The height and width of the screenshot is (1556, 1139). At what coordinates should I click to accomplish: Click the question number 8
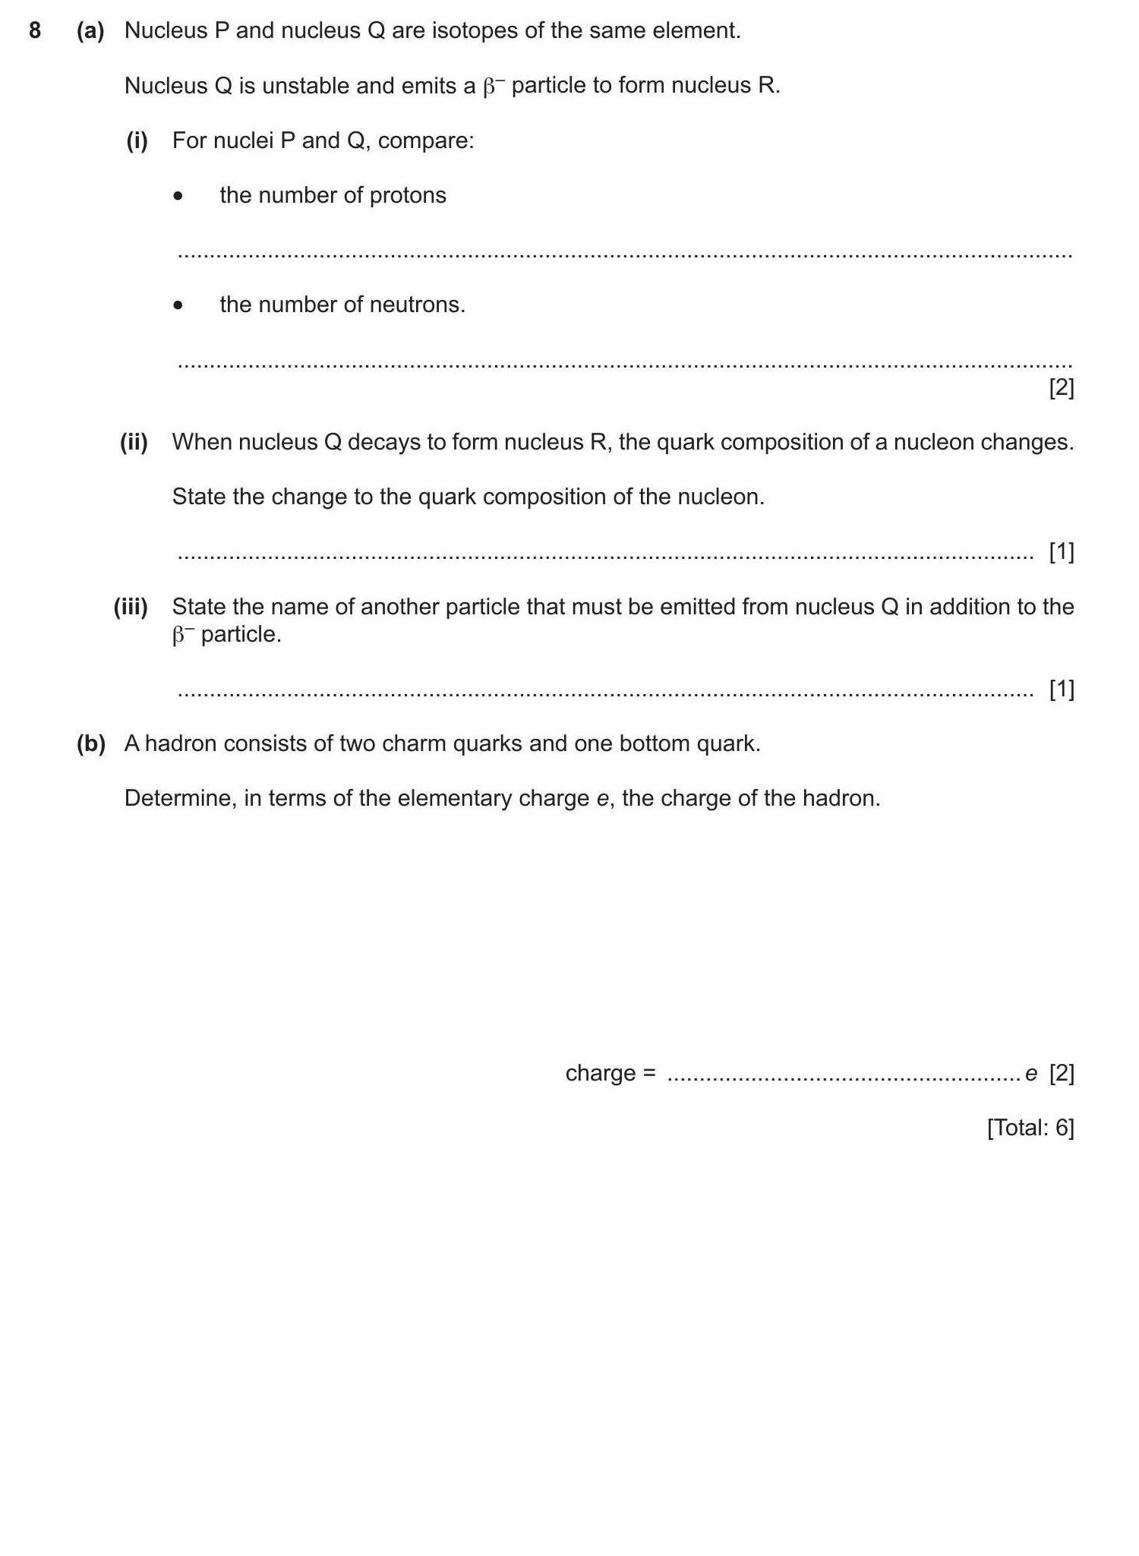pyautogui.click(x=35, y=31)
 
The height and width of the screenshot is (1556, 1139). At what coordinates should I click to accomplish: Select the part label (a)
pyautogui.click(x=90, y=31)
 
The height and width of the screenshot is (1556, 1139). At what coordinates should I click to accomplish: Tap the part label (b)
pyautogui.click(x=90, y=743)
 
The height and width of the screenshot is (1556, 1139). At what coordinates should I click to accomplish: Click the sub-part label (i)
pyautogui.click(x=137, y=140)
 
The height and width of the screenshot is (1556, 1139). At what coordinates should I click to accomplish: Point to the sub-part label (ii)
pyautogui.click(x=134, y=442)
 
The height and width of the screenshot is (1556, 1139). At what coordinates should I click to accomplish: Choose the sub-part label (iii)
pyautogui.click(x=131, y=607)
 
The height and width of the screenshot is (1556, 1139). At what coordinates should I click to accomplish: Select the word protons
pyautogui.click(x=408, y=196)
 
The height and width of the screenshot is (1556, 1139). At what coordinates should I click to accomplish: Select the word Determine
pyautogui.click(x=180, y=799)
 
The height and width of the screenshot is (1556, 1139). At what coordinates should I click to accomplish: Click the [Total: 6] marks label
pyautogui.click(x=1030, y=1128)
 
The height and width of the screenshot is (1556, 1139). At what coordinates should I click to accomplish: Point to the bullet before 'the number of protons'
pyautogui.click(x=178, y=197)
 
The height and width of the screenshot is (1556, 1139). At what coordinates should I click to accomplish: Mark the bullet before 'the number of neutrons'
pyautogui.click(x=178, y=306)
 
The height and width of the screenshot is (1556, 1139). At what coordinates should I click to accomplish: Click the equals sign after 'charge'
pyautogui.click(x=648, y=1074)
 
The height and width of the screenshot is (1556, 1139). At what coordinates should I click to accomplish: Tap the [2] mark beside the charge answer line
pyautogui.click(x=1062, y=1073)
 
